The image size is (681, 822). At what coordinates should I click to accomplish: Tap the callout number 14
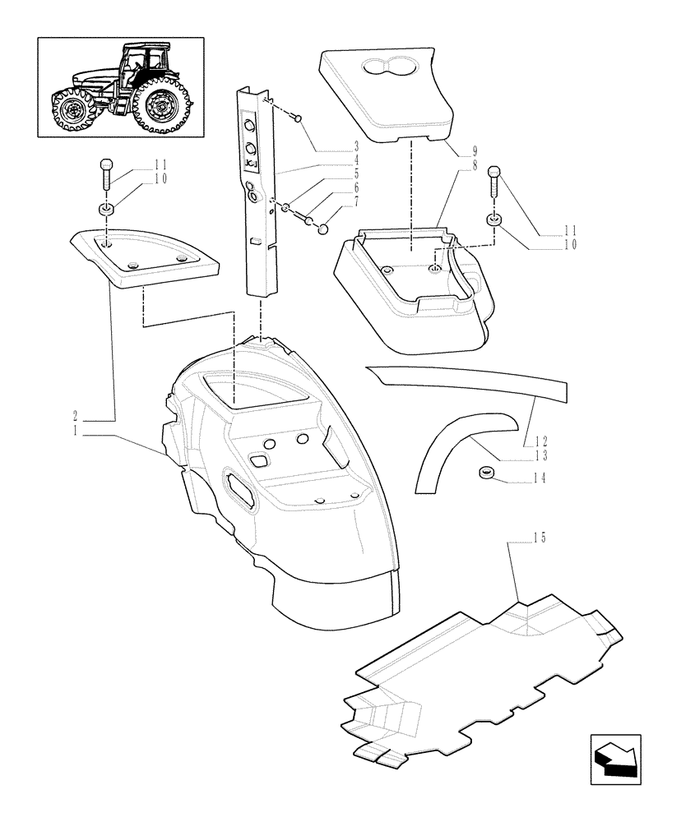(x=540, y=477)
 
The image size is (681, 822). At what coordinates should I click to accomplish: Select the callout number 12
(x=540, y=441)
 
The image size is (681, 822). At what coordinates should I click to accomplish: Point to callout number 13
(x=540, y=455)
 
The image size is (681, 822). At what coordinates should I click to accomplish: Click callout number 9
(x=471, y=152)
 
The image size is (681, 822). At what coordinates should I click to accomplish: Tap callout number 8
(x=471, y=164)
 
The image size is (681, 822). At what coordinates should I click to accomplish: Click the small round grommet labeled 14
(x=485, y=473)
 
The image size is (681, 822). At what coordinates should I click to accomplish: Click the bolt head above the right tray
(x=494, y=173)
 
